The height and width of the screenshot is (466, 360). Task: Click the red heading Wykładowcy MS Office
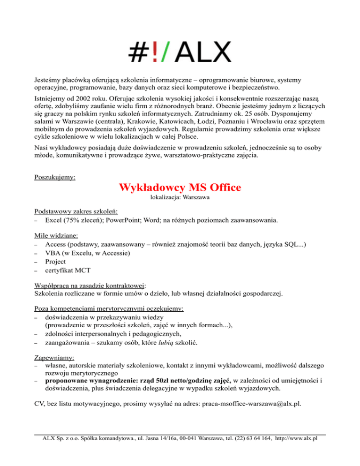(x=180, y=188)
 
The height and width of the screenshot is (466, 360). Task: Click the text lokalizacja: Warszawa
(x=180, y=198)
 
